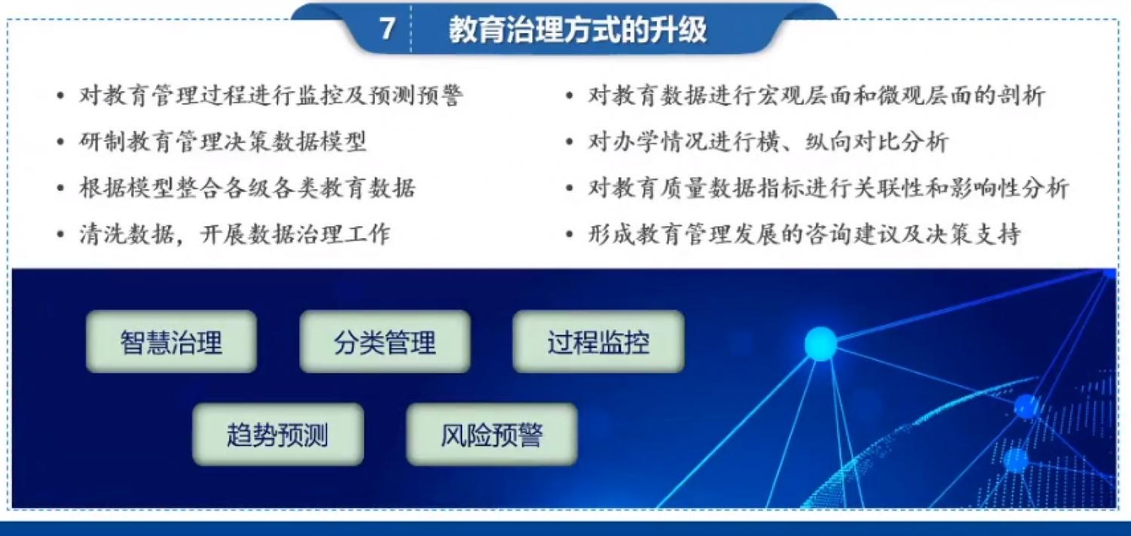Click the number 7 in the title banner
(388, 28)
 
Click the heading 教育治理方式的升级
(578, 29)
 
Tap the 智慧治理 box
(171, 342)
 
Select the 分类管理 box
(385, 342)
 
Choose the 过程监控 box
(599, 342)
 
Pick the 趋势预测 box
(278, 434)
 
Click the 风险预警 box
(492, 434)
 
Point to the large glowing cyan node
(820, 344)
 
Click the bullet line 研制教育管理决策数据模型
(222, 142)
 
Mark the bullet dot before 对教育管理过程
(60, 96)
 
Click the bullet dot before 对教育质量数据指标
(569, 188)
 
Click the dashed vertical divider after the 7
(411, 28)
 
